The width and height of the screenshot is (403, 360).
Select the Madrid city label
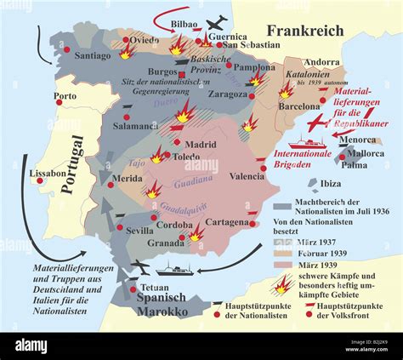click(200, 144)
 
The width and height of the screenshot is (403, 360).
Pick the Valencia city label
click(247, 175)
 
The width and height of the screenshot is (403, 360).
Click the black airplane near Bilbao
click(219, 22)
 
